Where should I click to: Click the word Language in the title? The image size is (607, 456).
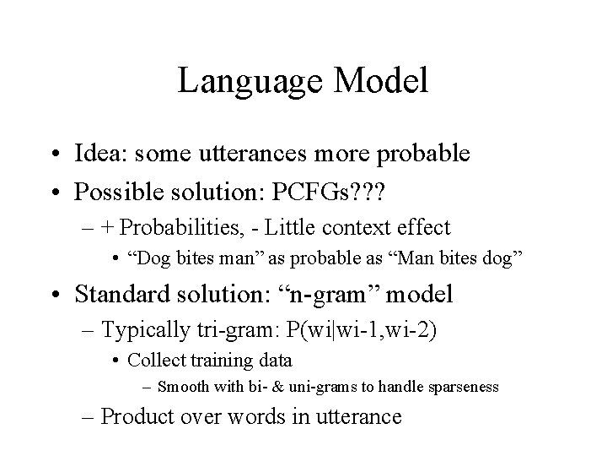(244, 82)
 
